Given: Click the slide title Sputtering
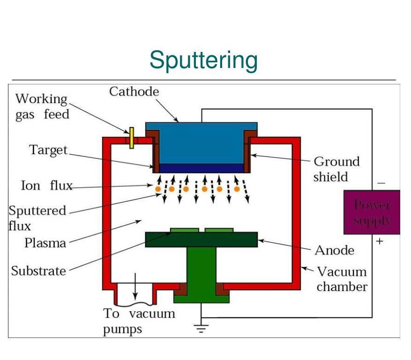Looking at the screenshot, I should click(203, 60).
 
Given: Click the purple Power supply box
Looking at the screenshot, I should click(372, 212).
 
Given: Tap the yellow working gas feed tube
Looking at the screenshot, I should click(132, 137).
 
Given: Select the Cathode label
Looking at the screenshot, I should click(134, 91).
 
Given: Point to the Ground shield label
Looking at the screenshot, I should click(336, 169).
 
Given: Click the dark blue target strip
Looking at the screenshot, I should click(201, 168).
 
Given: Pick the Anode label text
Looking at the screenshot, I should click(334, 250).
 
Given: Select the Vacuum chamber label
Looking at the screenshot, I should click(342, 279).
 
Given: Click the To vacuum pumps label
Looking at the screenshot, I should click(139, 321).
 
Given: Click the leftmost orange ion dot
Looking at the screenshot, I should click(158, 189).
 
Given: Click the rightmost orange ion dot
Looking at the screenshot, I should click(237, 189).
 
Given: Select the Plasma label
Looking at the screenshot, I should click(45, 243).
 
